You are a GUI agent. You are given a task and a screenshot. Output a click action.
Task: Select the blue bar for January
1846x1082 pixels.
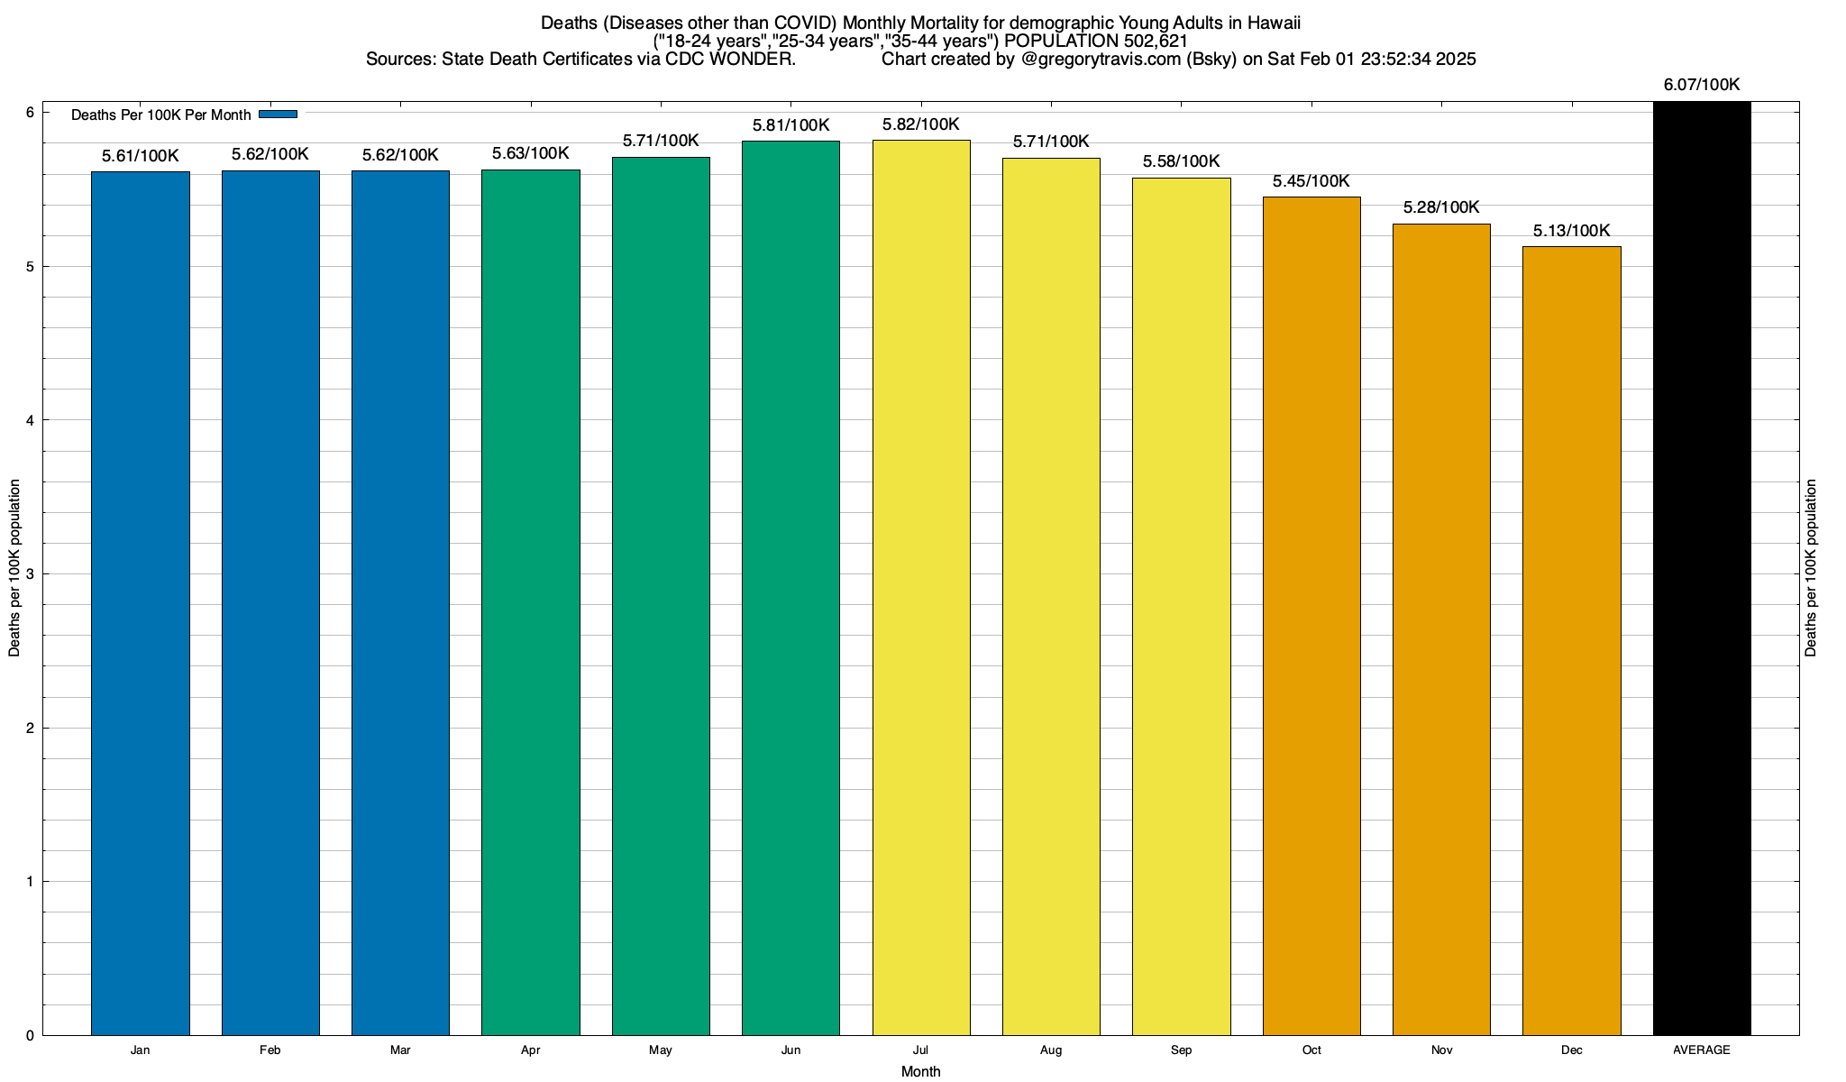pyautogui.click(x=140, y=603)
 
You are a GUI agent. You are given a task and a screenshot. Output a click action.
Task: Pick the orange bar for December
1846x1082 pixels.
pyautogui.click(x=1571, y=640)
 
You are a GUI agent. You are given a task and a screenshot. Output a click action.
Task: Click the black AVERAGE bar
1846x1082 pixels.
pyautogui.click(x=1701, y=568)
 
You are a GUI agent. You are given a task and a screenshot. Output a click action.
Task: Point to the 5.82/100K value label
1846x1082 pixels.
pyautogui.click(x=920, y=124)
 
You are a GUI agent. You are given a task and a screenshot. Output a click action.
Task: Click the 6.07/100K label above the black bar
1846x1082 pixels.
pyautogui.click(x=1701, y=85)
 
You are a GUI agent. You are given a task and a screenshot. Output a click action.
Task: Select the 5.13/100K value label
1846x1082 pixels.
pyautogui.click(x=1571, y=231)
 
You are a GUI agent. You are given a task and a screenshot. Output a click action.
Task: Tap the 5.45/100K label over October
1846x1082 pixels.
pyautogui.click(x=1311, y=181)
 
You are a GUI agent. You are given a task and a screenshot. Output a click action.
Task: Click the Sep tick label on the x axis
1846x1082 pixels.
pyautogui.click(x=1181, y=1050)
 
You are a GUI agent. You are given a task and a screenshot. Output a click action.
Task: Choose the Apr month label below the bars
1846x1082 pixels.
pyautogui.click(x=531, y=1050)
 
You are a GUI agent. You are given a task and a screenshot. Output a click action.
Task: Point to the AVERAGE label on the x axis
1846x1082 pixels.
pyautogui.click(x=1701, y=1050)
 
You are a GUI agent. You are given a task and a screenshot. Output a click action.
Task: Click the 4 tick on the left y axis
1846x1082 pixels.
pyautogui.click(x=30, y=420)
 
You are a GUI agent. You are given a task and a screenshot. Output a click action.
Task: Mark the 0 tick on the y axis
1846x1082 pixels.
pyautogui.click(x=30, y=1036)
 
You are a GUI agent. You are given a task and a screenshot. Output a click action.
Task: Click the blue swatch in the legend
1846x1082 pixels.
pyautogui.click(x=278, y=115)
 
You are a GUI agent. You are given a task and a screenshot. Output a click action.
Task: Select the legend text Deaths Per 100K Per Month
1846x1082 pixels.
pyautogui.click(x=160, y=115)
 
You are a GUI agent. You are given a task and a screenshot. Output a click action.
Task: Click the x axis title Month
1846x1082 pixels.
pyautogui.click(x=920, y=1071)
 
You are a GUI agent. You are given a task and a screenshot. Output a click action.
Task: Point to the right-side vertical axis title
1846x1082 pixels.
pyautogui.click(x=1811, y=568)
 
